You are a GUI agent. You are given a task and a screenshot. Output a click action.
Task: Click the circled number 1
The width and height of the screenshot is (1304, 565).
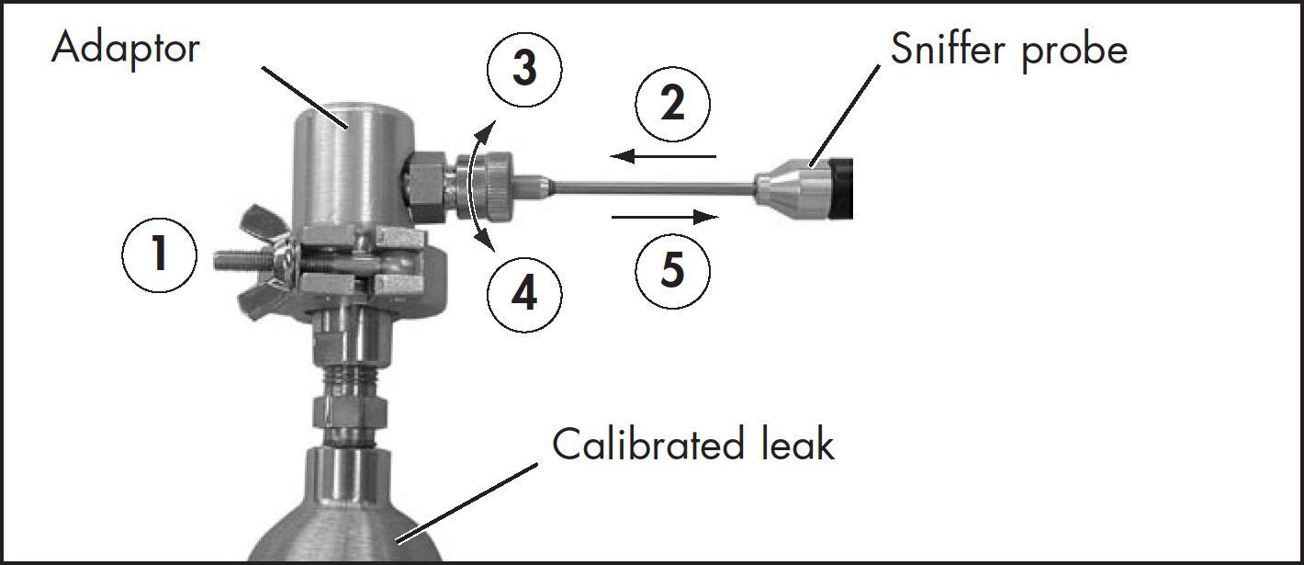159,255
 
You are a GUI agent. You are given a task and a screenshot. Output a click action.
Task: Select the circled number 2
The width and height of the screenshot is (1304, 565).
672,104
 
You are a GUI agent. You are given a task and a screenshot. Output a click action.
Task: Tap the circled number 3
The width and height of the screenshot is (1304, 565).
524,68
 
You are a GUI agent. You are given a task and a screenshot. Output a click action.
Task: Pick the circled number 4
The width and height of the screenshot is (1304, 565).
524,294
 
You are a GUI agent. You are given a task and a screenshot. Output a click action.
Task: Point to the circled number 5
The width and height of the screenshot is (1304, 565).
672,271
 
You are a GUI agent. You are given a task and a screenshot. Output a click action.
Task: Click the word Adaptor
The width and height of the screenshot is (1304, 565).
126,48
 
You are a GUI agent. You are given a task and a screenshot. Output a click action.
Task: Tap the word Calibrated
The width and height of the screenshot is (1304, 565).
648,444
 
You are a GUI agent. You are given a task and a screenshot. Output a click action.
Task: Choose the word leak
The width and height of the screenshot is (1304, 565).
798,444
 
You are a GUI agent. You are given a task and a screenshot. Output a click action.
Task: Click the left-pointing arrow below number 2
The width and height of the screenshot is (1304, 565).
663,156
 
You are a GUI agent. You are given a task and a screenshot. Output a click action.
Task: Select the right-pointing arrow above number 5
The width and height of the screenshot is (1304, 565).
665,217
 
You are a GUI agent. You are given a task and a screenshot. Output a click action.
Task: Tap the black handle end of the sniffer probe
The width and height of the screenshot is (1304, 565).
840,188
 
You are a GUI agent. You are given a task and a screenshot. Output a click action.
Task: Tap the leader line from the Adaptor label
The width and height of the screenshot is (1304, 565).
305,97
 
